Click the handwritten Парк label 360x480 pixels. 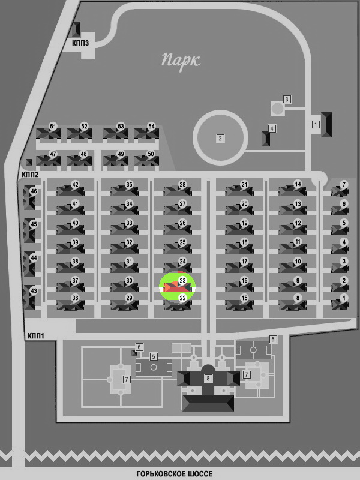pos(181,61)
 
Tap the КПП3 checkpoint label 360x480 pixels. pos(80,43)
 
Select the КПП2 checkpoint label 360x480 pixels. pos(30,175)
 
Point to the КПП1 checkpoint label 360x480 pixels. pos(36,336)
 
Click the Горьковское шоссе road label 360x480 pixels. pos(174,474)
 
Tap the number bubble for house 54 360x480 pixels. pos(151,127)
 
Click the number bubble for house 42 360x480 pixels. pos(75,185)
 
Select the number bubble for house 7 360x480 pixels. pos(344,185)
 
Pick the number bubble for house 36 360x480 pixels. pos(75,298)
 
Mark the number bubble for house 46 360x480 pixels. pos(34,191)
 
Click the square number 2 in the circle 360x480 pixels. pos(220,139)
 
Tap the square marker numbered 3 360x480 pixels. pos(287,99)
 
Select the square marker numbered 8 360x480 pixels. pos(208,378)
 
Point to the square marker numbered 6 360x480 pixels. pos(139,347)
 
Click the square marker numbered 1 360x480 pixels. pos(316,124)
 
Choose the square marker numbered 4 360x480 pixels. pos(272,128)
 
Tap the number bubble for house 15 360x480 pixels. pos(244,298)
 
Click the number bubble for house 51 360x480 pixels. pos(53,127)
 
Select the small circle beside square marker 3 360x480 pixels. pos(278,109)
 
